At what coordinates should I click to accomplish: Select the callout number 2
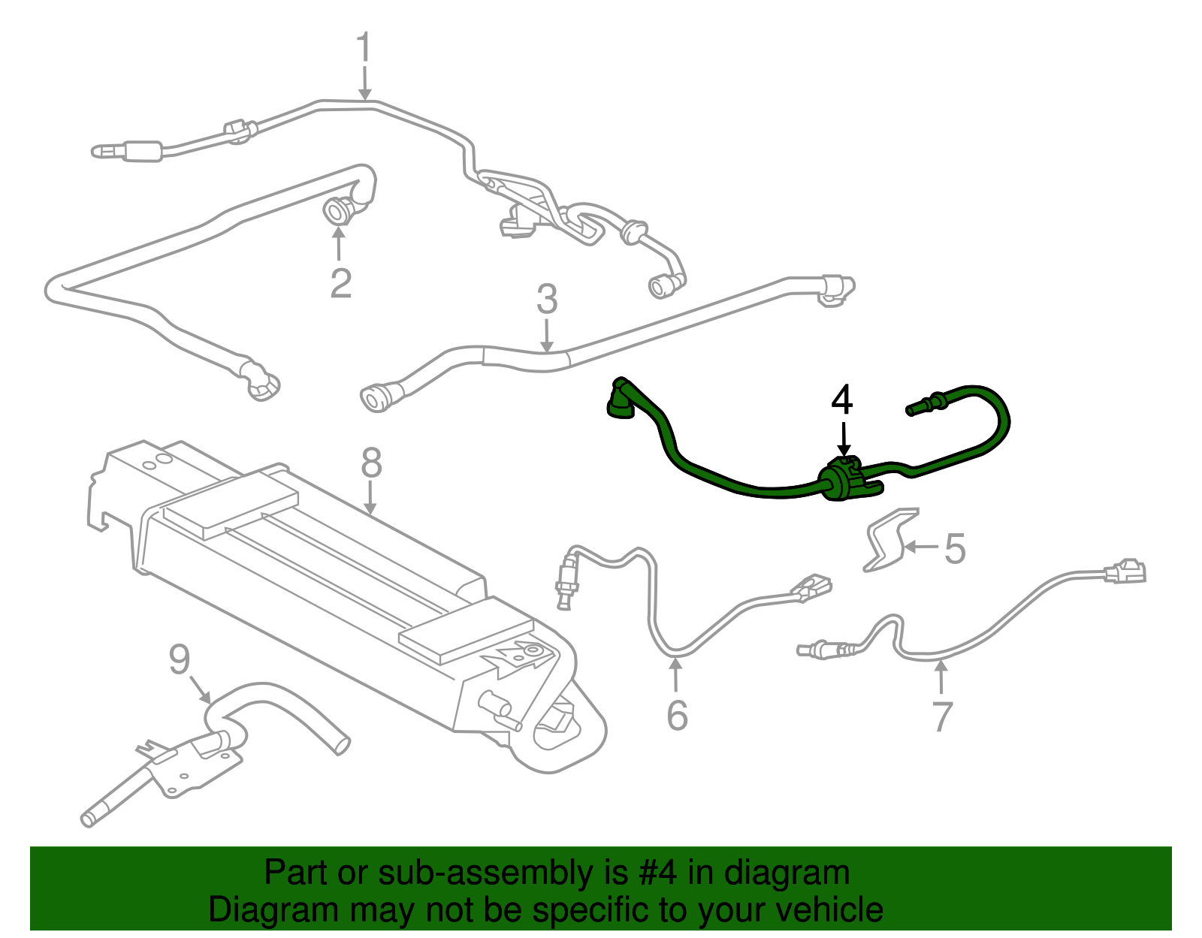point(340,284)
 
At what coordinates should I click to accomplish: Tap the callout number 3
point(547,300)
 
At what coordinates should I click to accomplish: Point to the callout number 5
point(954,549)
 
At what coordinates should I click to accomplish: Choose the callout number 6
point(677,715)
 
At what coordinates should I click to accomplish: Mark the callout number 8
point(371,463)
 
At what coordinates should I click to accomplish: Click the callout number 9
point(180,660)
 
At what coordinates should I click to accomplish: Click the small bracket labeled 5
point(889,540)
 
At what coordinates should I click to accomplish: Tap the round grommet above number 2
point(337,210)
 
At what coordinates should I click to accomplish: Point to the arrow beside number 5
point(920,547)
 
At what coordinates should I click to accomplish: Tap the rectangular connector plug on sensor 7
point(1125,572)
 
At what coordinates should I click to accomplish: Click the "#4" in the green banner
point(658,873)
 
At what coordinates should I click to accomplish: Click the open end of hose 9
point(342,744)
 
